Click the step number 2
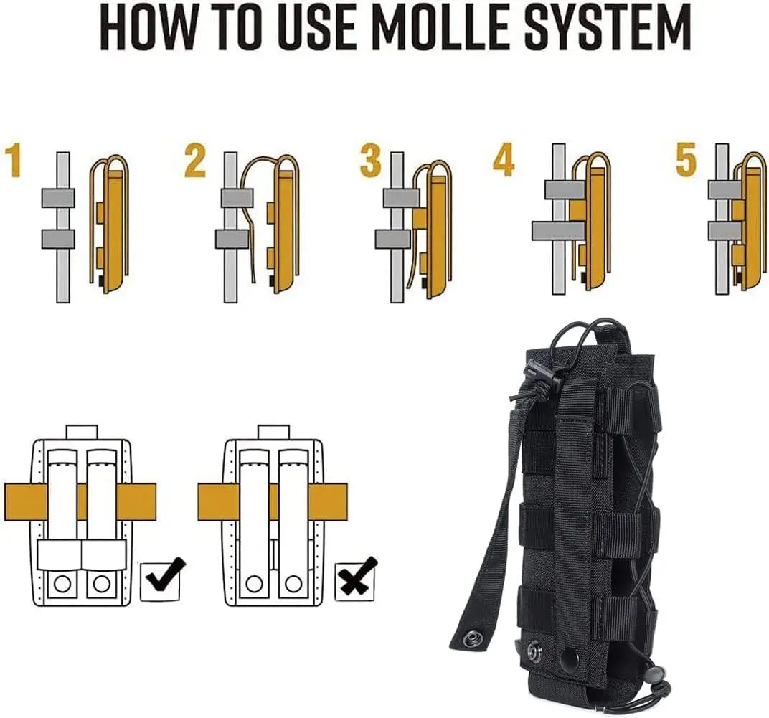(194, 161)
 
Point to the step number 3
(370, 161)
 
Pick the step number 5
(686, 161)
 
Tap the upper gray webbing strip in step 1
(58, 198)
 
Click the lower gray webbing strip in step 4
(559, 230)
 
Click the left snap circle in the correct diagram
(62, 584)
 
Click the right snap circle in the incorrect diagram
(293, 584)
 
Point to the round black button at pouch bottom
(571, 655)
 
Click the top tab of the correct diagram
(81, 432)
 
